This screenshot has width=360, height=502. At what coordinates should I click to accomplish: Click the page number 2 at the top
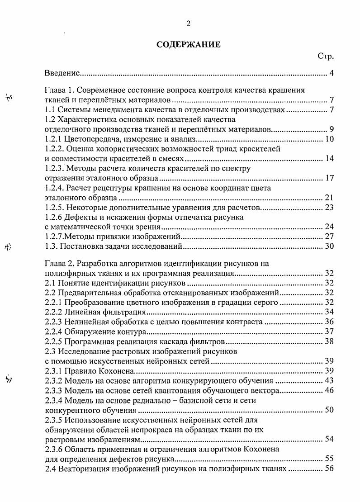(x=188, y=24)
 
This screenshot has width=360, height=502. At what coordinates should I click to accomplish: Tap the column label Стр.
(x=326, y=57)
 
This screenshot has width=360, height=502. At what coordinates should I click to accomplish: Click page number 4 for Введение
(x=332, y=73)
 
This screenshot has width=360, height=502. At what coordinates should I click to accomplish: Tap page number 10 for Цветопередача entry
(x=329, y=139)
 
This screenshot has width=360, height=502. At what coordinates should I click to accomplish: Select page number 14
(x=329, y=159)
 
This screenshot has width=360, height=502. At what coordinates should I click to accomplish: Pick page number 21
(x=329, y=198)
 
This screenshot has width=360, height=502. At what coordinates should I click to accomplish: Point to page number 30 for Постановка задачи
(x=329, y=246)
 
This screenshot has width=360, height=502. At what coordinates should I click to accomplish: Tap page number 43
(x=329, y=380)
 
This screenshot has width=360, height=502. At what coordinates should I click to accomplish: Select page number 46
(x=329, y=390)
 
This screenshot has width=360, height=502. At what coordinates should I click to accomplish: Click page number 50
(x=329, y=410)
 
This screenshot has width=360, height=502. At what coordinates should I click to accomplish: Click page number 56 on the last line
(x=329, y=469)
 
